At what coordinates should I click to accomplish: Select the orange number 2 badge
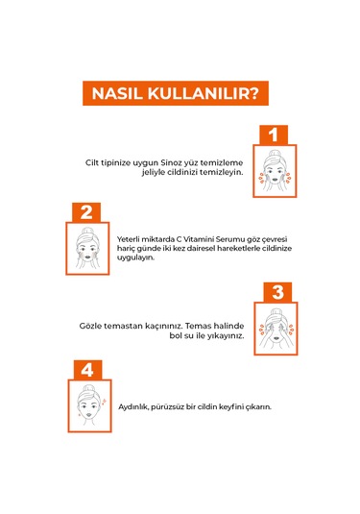(85, 212)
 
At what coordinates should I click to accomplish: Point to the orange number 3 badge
(276, 292)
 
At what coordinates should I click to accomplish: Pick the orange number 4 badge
(85, 370)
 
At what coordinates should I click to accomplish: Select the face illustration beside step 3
(275, 328)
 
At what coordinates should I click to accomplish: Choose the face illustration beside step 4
(87, 406)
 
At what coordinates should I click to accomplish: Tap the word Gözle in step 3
(91, 326)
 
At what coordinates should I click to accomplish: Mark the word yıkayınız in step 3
(224, 336)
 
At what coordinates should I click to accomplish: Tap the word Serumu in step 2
(231, 238)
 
